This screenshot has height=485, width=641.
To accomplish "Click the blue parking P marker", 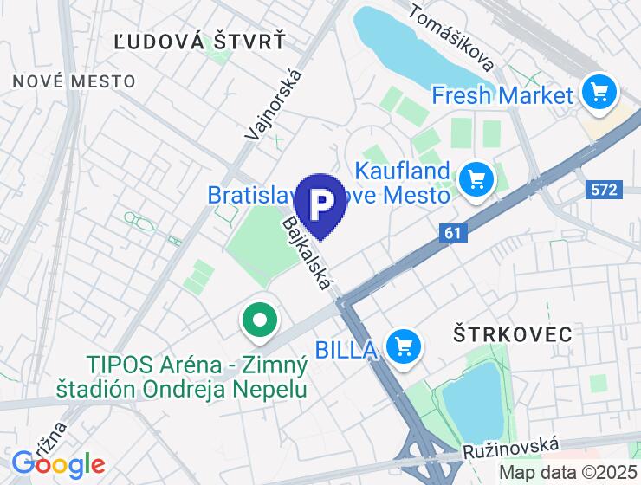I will pyautogui.click(x=320, y=203).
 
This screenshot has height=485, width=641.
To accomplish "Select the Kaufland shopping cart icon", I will pyautogui.click(x=476, y=179).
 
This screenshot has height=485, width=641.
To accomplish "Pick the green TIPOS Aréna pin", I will pyautogui.click(x=259, y=320).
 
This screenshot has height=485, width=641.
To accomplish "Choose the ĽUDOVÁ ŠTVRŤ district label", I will pyautogui.click(x=199, y=40).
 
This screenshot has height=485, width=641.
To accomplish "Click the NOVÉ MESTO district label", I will pyautogui.click(x=74, y=81).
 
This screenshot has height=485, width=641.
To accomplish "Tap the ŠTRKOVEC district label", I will pyautogui.click(x=513, y=333).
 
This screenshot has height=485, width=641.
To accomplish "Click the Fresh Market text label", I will pyautogui.click(x=502, y=94).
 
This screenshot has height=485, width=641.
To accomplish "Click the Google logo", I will pyautogui.click(x=58, y=464).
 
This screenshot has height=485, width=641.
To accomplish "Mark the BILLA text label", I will pyautogui.click(x=345, y=349).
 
